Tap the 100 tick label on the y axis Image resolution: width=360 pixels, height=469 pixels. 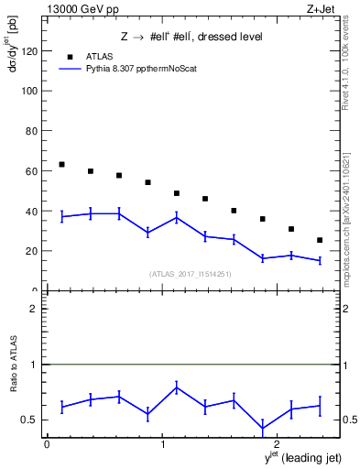tap(30, 92)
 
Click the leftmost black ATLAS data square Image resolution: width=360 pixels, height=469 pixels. tap(61, 165)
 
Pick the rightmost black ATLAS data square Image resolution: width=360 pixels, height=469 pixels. tap(319, 240)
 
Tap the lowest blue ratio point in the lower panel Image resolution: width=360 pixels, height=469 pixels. tap(263, 428)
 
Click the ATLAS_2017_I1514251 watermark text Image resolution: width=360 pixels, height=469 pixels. tap(191, 274)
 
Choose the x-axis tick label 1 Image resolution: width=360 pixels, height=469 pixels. tap(162, 444)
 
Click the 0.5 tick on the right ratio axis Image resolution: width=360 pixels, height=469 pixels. tap(349, 420)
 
